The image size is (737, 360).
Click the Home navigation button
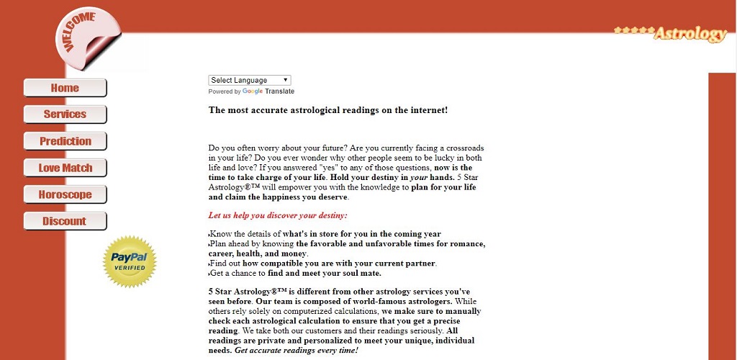coord(65,88)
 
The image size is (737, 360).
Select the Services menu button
coord(65,114)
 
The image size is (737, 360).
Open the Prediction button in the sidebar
coord(65,141)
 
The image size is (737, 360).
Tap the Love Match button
coord(65,168)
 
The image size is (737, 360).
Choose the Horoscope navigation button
coord(65,194)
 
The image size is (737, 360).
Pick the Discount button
coord(65,221)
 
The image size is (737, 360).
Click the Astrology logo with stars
coord(671,33)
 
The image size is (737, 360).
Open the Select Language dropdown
coord(250,80)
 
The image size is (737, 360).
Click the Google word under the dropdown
coord(253,91)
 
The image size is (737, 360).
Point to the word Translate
coord(279,91)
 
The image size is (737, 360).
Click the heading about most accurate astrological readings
coord(328,110)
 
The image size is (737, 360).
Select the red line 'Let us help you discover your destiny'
coord(278,215)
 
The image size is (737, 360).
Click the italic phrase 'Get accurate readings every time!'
coord(296,350)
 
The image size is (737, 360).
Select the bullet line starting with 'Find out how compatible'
coord(323,264)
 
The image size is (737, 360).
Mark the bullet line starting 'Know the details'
coord(325,234)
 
